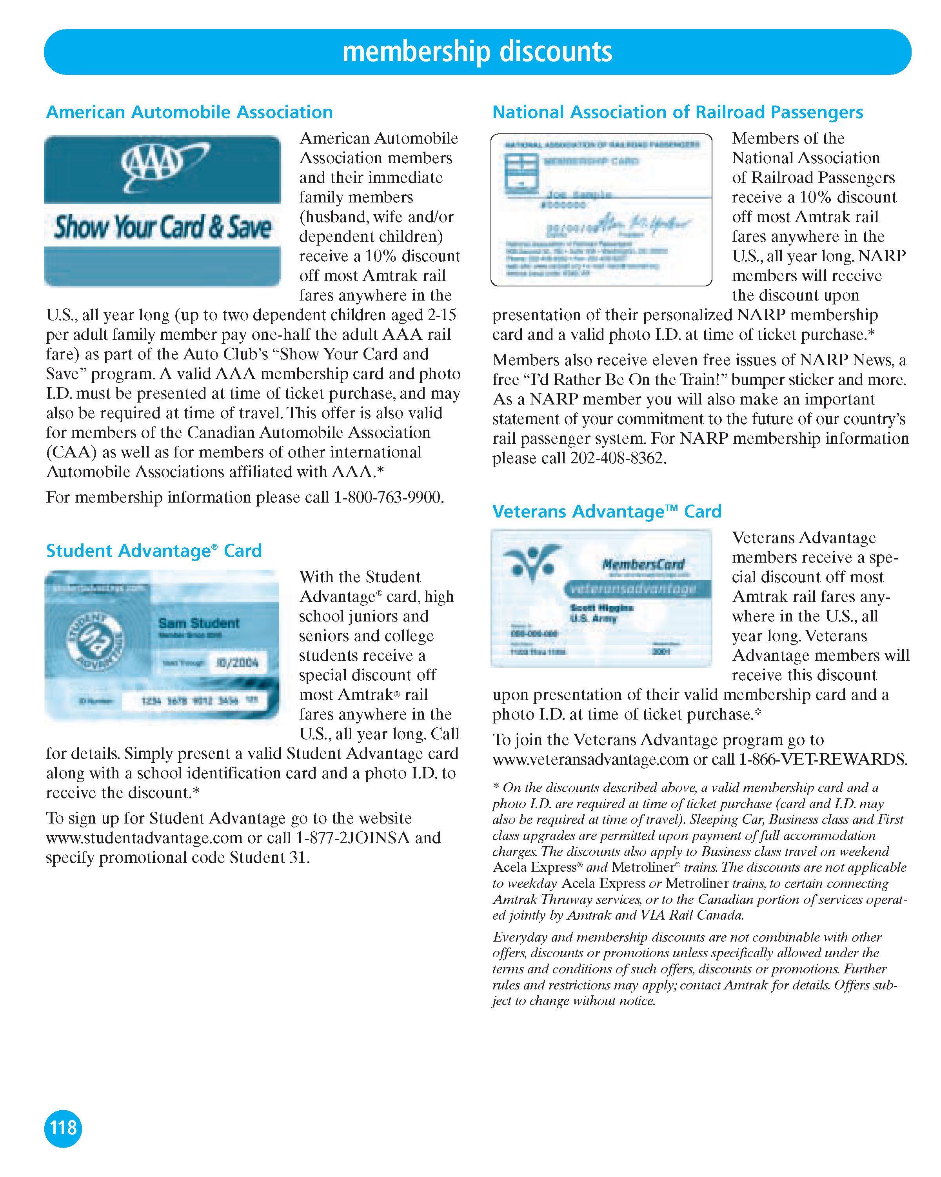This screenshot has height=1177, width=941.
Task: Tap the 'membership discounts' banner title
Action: coord(477,52)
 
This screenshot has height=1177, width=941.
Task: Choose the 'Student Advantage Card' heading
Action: coord(154,550)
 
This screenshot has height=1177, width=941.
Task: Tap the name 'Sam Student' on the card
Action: coord(198,623)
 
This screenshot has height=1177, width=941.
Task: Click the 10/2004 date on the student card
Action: coord(237,663)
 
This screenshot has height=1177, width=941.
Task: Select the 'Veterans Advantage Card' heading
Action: coord(607,512)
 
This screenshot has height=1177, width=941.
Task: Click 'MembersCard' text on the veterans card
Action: coord(643,565)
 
